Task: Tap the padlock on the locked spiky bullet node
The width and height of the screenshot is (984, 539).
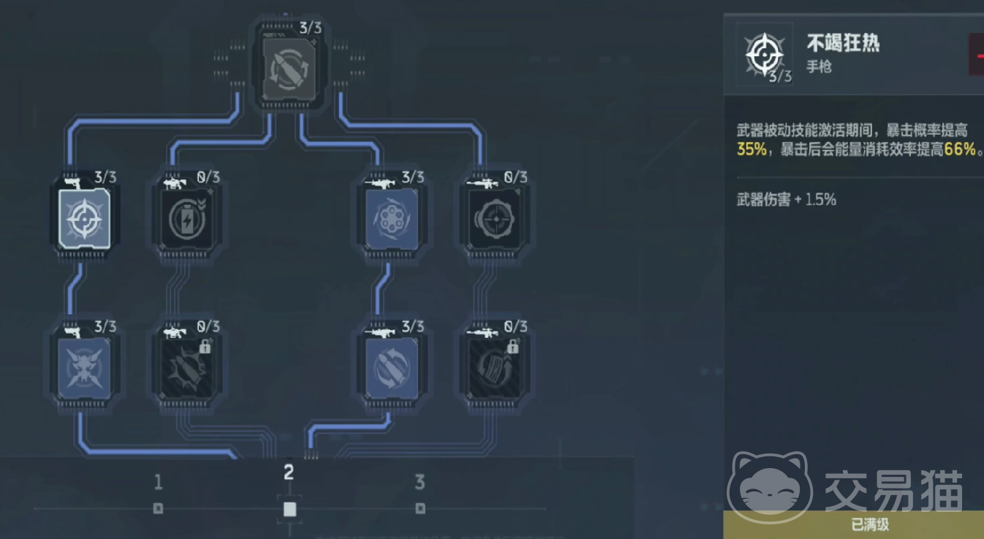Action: tap(205, 346)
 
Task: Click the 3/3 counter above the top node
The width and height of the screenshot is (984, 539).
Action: tap(310, 29)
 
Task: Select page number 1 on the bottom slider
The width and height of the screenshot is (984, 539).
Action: tap(158, 483)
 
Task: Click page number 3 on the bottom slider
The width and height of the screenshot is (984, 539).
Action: tap(420, 483)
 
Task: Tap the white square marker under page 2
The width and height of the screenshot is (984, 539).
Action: tap(289, 509)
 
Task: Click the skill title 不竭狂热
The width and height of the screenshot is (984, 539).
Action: tap(843, 42)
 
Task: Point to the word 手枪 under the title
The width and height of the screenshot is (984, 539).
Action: tap(819, 67)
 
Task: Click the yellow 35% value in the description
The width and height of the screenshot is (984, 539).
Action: tap(751, 150)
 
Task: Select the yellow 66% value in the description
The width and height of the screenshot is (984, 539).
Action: tap(961, 150)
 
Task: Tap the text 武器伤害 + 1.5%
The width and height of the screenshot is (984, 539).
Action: tap(787, 200)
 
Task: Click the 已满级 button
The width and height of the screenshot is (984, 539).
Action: tap(870, 524)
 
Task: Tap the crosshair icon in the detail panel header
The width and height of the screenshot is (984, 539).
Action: tap(764, 53)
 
